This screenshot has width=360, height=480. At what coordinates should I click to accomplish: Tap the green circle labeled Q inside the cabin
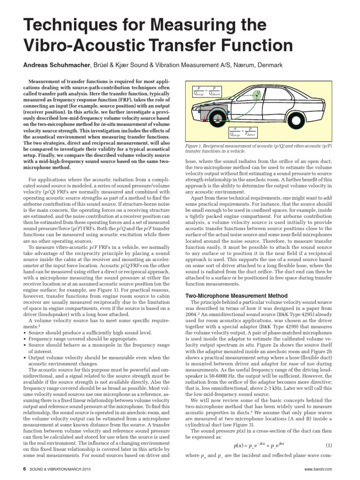(x=257, y=93)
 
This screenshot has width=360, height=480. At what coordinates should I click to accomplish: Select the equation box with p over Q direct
(x=206, y=91)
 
